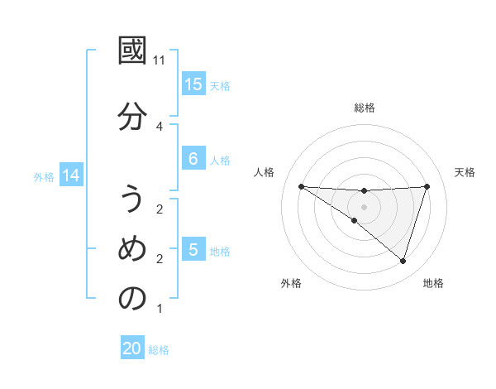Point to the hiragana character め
(132, 249)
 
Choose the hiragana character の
(132, 299)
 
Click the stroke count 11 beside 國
(160, 60)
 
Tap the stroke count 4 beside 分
(160, 126)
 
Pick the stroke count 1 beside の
(160, 310)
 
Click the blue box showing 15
(193, 84)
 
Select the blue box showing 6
(193, 158)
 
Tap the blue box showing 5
(193, 249)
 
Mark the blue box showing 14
(70, 175)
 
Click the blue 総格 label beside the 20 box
(159, 350)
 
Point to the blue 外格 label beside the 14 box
(44, 176)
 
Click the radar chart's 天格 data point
(427, 186)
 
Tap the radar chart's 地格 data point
(403, 262)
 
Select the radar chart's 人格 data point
(301, 186)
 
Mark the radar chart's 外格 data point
(354, 221)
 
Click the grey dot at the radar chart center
(364, 207)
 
